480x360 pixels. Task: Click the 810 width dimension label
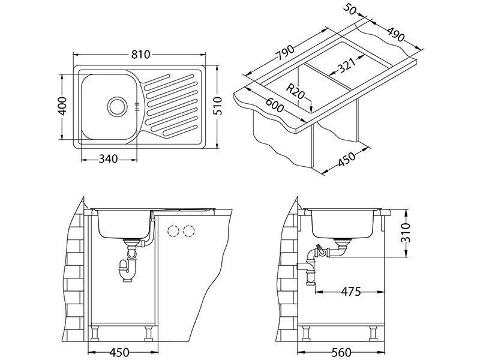point(140,55)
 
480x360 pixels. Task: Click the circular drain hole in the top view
point(116,107)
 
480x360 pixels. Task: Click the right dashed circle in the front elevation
point(190,231)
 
